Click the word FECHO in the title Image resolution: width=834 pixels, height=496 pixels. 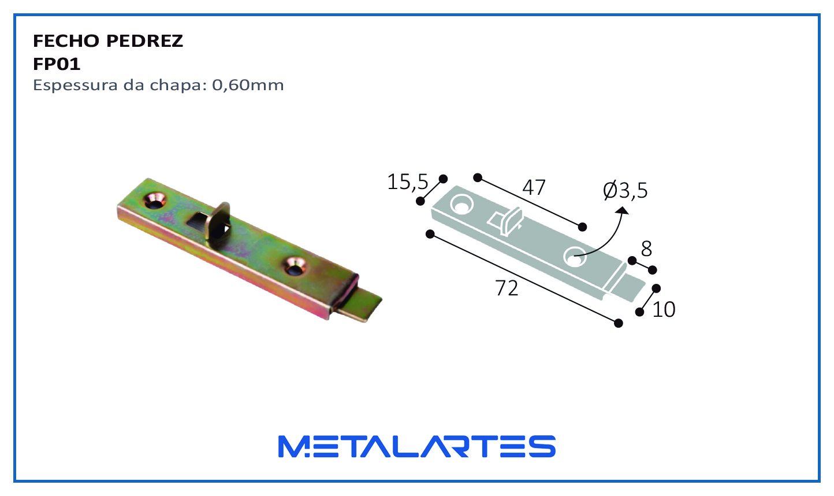coord(65,41)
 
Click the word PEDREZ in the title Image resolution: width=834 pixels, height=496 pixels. coord(145,41)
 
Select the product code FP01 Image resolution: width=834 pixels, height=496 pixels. coord(57,64)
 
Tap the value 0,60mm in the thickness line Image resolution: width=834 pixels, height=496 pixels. coord(248,85)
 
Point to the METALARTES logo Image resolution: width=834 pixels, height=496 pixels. coord(417,446)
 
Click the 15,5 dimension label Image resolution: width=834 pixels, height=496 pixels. coord(408,182)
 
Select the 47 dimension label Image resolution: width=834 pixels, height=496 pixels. coord(534,187)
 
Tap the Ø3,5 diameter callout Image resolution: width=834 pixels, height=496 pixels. coord(625,190)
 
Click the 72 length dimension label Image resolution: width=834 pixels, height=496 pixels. coord(507,288)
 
